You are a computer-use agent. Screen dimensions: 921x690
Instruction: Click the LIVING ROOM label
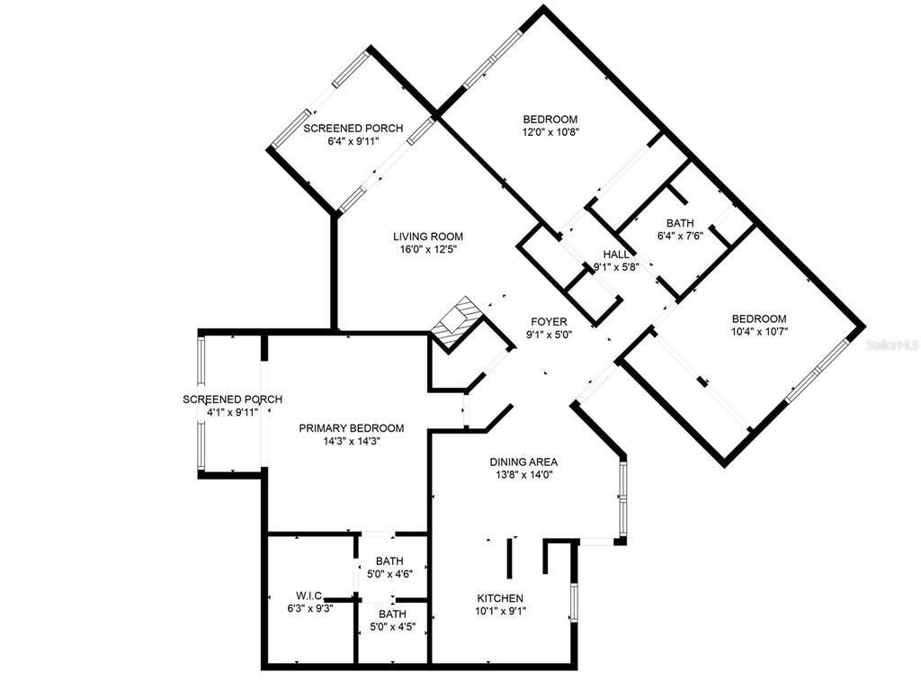[x=427, y=237]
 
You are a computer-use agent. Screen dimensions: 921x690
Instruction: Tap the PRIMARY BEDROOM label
[x=352, y=428]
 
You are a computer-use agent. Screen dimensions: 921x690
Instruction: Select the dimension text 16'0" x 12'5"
[x=428, y=250]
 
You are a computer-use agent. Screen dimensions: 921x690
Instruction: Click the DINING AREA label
[x=523, y=462]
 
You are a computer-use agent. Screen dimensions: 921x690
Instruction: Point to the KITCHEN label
[x=500, y=598]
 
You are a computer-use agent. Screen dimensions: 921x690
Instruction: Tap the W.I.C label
[x=309, y=596]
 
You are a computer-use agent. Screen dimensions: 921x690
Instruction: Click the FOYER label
[x=549, y=322]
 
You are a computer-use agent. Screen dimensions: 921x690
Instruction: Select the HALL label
[x=615, y=255]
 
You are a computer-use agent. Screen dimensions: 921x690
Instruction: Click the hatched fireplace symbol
[x=457, y=324]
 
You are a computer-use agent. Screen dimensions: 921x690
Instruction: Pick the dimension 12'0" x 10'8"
[x=551, y=132]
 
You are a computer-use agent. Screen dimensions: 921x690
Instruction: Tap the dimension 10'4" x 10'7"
[x=759, y=331]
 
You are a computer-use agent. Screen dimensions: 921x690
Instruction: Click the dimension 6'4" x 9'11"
[x=353, y=141]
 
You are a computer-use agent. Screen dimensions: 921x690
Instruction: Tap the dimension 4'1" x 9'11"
[x=233, y=413]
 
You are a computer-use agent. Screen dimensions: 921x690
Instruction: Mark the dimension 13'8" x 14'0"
[x=523, y=475]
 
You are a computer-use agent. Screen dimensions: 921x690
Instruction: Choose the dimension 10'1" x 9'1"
[x=500, y=611]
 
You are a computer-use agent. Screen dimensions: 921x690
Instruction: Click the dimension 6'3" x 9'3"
[x=310, y=609]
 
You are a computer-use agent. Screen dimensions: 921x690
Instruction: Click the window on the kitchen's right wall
[x=574, y=603]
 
